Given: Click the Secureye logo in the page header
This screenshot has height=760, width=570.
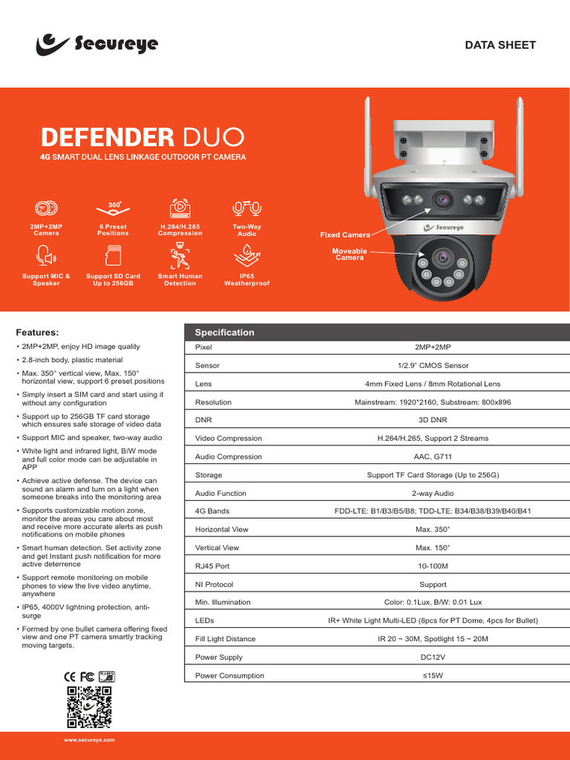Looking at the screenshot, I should pyautogui.click(x=96, y=44).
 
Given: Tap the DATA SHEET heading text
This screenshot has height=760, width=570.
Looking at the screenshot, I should pyautogui.click(x=500, y=45).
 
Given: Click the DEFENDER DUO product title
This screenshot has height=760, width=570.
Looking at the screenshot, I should pyautogui.click(x=142, y=137).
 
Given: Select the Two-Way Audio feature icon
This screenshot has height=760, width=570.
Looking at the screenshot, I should pyautogui.click(x=246, y=209).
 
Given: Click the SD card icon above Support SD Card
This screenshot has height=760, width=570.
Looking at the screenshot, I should pyautogui.click(x=113, y=258).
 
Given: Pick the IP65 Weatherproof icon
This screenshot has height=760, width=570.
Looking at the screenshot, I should pyautogui.click(x=246, y=258).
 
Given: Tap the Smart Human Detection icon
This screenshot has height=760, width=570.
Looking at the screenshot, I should pyautogui.click(x=180, y=258).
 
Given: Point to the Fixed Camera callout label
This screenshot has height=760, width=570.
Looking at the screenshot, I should pyautogui.click(x=345, y=235).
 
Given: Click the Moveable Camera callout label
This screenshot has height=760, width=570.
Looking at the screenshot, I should pyautogui.click(x=350, y=255).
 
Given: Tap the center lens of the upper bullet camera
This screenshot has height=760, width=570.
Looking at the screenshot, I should pyautogui.click(x=444, y=199).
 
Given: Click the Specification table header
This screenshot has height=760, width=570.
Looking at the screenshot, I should pyautogui.click(x=224, y=332).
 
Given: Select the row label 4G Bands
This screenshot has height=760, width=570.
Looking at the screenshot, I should pyautogui.click(x=212, y=511).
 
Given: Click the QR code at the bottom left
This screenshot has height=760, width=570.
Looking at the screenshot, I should pyautogui.click(x=89, y=707).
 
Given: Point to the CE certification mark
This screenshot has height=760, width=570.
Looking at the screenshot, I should pyautogui.click(x=71, y=676).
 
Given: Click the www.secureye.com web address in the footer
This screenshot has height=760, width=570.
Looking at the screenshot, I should pyautogui.click(x=89, y=741).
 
